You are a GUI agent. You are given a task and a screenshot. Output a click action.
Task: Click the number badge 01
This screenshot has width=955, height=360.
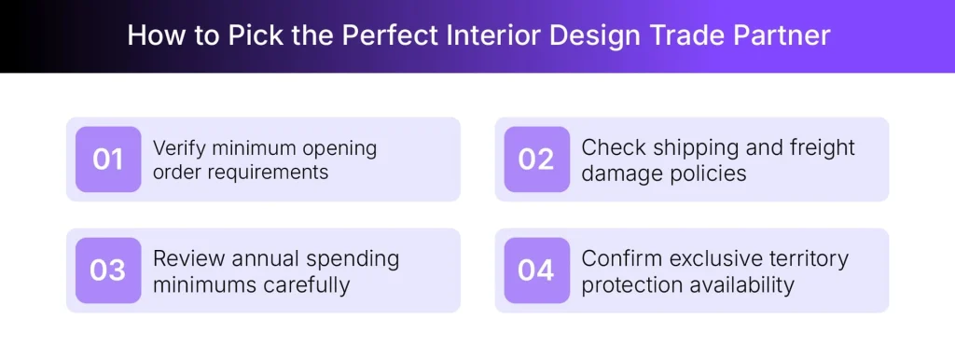tap(108, 159)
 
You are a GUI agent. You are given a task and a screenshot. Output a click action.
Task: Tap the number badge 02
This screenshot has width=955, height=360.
tap(536, 159)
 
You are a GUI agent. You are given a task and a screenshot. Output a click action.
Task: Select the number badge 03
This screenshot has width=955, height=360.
tap(108, 270)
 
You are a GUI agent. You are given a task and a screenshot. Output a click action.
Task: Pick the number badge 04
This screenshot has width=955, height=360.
tap(536, 270)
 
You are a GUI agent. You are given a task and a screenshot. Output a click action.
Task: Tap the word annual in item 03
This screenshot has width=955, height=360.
tap(260, 258)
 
